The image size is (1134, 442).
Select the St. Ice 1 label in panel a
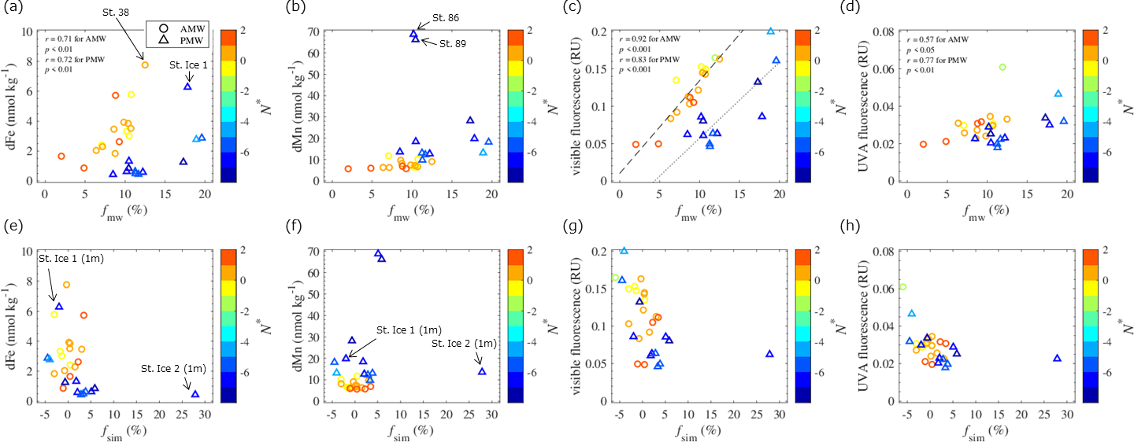pyautogui.click(x=188, y=65)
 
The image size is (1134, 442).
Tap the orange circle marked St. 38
pyautogui.click(x=145, y=64)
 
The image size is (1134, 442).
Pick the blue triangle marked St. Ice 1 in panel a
pyautogui.click(x=187, y=86)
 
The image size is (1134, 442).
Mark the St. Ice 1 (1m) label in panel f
pyautogui.click(x=409, y=330)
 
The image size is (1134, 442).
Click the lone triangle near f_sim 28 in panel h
pyautogui.click(x=1057, y=358)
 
